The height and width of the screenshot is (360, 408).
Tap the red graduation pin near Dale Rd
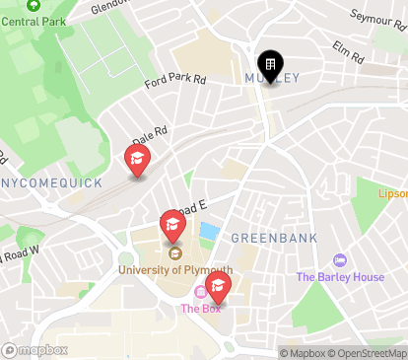(137, 160)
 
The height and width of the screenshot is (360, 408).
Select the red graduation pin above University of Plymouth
(172, 225)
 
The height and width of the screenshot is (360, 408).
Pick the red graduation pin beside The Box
(217, 287)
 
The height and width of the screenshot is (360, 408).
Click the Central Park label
(27, 19)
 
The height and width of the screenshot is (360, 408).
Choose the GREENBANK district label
(264, 239)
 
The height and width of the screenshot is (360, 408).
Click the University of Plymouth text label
(175, 269)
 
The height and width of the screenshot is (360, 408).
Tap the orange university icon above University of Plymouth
(174, 255)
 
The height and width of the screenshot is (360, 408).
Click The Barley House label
(340, 277)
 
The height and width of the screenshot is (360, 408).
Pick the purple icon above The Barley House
(340, 260)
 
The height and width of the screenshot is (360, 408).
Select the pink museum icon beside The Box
(201, 292)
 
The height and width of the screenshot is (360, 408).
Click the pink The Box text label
(200, 309)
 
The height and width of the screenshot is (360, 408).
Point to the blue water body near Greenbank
(209, 233)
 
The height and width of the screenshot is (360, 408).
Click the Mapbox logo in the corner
(35, 349)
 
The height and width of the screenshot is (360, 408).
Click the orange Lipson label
(393, 194)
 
